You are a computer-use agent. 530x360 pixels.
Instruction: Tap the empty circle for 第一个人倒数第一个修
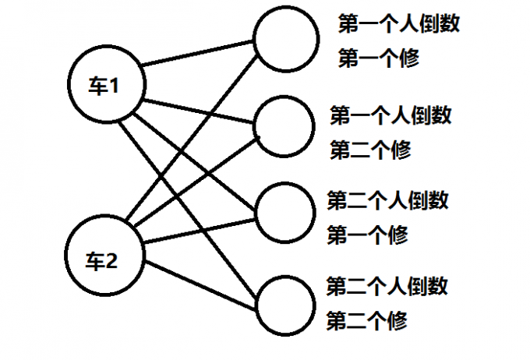click(x=287, y=39)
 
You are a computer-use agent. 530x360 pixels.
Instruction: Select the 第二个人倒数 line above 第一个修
click(x=387, y=199)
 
